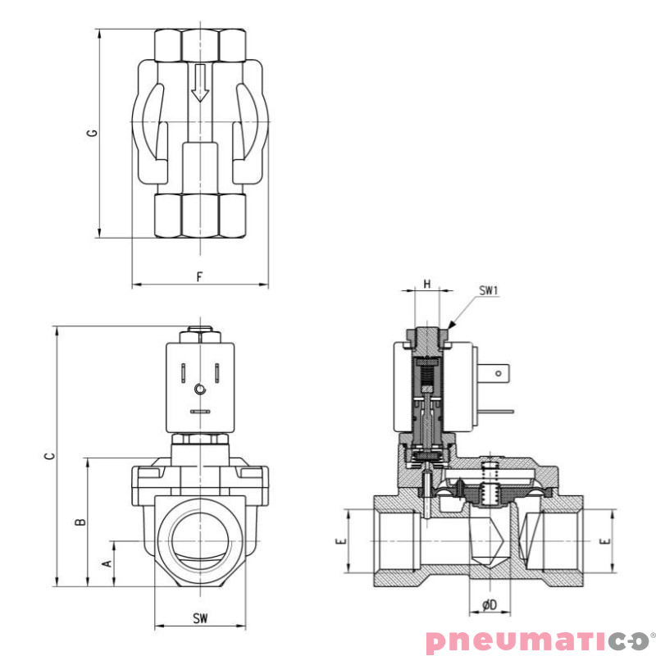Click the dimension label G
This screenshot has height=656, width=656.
pyautogui.click(x=93, y=133)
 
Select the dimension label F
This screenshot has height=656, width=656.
pyautogui.click(x=199, y=276)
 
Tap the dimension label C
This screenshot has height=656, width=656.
pyautogui.click(x=48, y=456)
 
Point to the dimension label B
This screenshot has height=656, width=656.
pyautogui.click(x=80, y=522)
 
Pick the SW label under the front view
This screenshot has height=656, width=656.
pyautogui.click(x=200, y=618)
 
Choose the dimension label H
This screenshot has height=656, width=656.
pyautogui.click(x=426, y=284)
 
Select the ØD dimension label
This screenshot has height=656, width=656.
pyautogui.click(x=489, y=604)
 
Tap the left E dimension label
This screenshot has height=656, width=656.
pyautogui.click(x=341, y=541)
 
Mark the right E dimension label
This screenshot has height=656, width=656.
pyautogui.click(x=606, y=541)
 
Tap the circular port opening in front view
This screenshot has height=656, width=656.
pyautogui.click(x=200, y=541)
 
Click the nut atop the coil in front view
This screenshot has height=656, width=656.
pyautogui.click(x=200, y=334)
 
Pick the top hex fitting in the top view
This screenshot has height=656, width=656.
pyautogui.click(x=200, y=44)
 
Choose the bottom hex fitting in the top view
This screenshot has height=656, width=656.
pyautogui.click(x=200, y=216)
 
